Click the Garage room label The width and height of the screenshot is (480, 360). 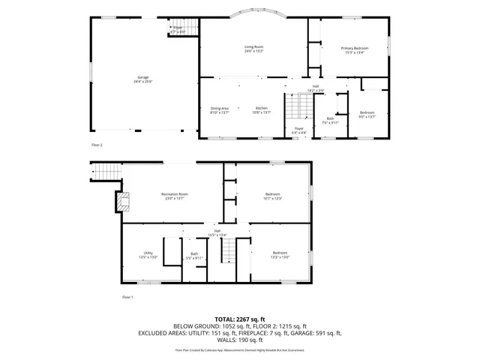tap(142, 78)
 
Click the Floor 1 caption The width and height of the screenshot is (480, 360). tap(127, 298)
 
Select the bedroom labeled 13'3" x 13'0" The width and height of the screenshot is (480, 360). tap(280, 254)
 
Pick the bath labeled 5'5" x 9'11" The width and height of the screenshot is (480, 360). tap(194, 256)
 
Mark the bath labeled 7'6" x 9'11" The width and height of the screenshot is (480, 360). tap(330, 120)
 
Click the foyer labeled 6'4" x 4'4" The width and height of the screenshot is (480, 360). tap(299, 130)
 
